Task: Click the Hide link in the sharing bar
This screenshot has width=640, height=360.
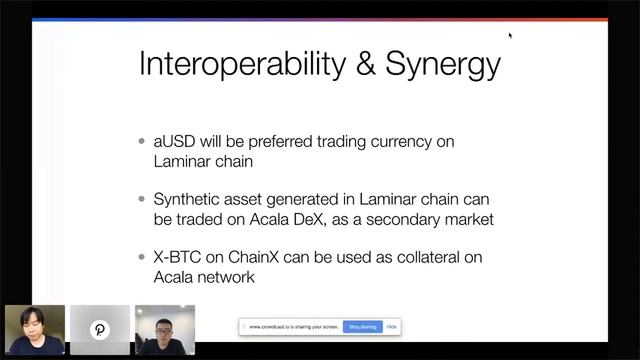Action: click(392, 327)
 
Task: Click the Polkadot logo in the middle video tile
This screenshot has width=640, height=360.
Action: click(100, 330)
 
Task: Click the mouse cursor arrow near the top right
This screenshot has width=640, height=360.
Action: click(510, 36)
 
